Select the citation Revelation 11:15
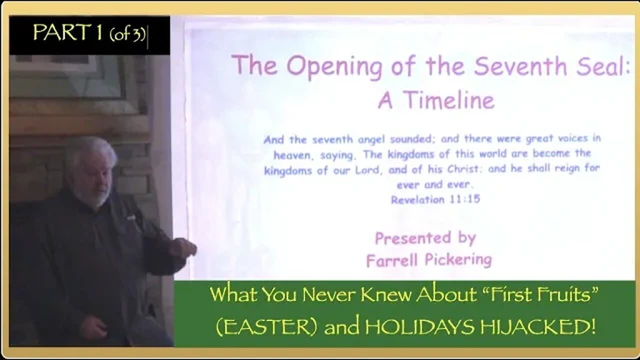435,199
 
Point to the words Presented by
425,238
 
